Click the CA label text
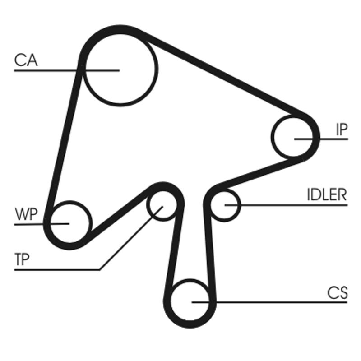(x=26, y=60)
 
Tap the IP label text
(x=341, y=130)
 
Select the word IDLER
(x=327, y=195)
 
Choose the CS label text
(x=338, y=293)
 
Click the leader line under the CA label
(x=45, y=71)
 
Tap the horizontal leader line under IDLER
(x=293, y=205)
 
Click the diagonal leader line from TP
(x=126, y=244)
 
